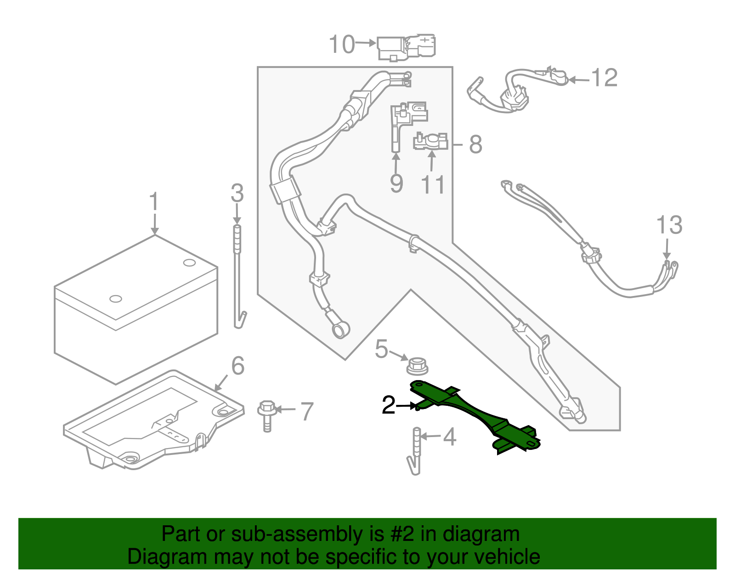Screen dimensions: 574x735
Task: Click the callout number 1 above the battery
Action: pyautogui.click(x=154, y=202)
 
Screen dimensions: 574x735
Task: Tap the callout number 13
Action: pyautogui.click(x=669, y=225)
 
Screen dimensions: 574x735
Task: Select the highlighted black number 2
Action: pyautogui.click(x=389, y=405)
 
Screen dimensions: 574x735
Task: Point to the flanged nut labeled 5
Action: pyautogui.click(x=417, y=366)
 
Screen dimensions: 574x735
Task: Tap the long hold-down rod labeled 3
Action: pyautogui.click(x=237, y=276)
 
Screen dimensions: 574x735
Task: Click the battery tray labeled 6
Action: pyautogui.click(x=152, y=423)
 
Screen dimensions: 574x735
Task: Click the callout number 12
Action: pyautogui.click(x=604, y=78)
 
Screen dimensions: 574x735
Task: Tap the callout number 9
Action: pyautogui.click(x=396, y=183)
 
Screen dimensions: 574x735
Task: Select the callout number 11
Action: pyautogui.click(x=433, y=185)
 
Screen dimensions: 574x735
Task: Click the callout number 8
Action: pyautogui.click(x=475, y=144)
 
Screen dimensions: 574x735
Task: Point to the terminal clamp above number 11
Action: pyautogui.click(x=430, y=141)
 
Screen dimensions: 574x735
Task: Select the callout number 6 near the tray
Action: pyautogui.click(x=237, y=366)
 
